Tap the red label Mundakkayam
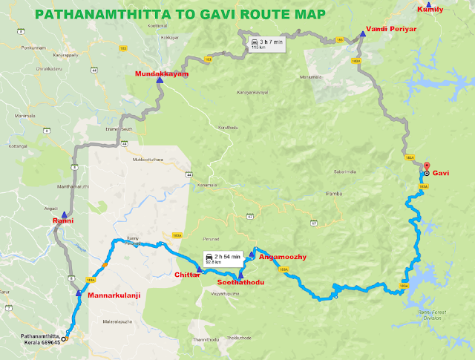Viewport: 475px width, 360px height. pos(162,75)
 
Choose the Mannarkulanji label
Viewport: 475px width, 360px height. pos(115,295)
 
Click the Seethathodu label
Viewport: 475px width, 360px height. pos(241,283)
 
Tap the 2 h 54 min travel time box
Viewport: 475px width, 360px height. pos(224,258)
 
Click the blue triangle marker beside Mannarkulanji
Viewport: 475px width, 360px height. pos(79,292)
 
